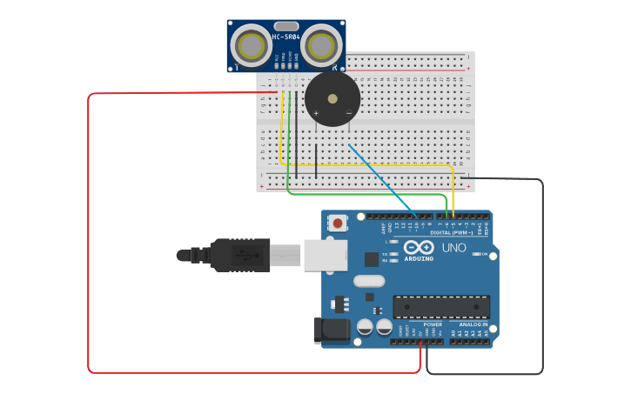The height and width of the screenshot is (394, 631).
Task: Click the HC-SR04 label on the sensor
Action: click(x=286, y=37)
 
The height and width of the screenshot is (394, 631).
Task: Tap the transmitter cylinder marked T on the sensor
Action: click(x=252, y=43)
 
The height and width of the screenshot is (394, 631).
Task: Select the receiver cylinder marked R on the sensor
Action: click(x=321, y=43)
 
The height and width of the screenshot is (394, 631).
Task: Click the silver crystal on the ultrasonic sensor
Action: click(x=286, y=26)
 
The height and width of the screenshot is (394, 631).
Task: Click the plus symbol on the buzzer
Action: click(x=316, y=113)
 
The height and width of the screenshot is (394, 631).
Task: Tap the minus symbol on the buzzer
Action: click(x=348, y=113)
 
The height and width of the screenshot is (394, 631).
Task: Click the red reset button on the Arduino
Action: click(x=337, y=224)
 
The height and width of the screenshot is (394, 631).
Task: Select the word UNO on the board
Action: click(x=454, y=248)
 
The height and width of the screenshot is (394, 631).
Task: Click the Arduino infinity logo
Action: click(x=418, y=247)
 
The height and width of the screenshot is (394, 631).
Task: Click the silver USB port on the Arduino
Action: click(x=325, y=255)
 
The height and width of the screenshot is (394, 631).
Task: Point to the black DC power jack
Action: click(x=332, y=330)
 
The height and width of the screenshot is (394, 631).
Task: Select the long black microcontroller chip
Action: click(x=440, y=306)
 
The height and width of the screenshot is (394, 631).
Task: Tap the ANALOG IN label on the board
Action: click(x=473, y=324)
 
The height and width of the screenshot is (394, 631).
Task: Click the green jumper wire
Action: click(x=366, y=194)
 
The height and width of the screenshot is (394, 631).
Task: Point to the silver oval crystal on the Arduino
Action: click(x=369, y=281)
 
